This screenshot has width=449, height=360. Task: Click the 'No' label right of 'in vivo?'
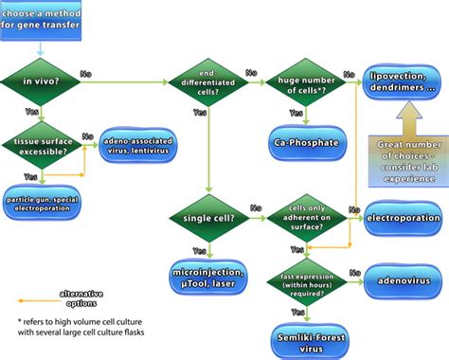pos(86,73)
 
